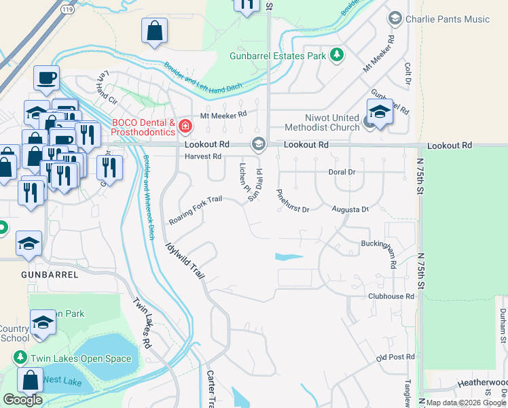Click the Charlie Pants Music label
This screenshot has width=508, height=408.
(x=447, y=19)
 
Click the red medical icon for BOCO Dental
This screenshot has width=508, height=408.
(x=185, y=126)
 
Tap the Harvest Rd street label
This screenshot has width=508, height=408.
(x=203, y=156)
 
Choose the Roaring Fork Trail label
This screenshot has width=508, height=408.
(x=195, y=211)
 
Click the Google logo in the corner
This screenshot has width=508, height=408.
(x=22, y=400)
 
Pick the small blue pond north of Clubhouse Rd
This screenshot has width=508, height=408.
(x=289, y=257)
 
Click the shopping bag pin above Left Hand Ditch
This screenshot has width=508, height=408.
(x=155, y=31)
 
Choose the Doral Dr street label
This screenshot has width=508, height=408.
(x=342, y=173)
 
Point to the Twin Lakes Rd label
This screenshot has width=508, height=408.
(x=141, y=323)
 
